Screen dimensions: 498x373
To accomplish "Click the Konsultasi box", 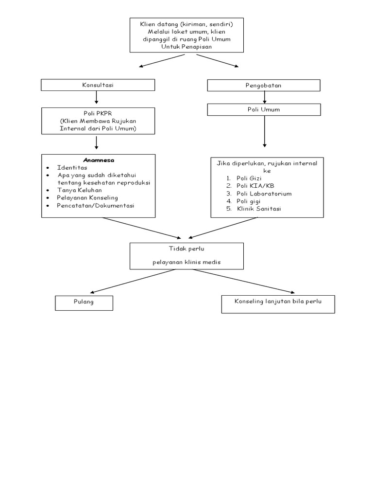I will pyautogui.click(x=98, y=85).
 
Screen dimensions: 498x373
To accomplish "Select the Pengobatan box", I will pyautogui.click(x=264, y=86).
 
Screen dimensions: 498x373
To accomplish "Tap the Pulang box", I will pyautogui.click(x=84, y=302).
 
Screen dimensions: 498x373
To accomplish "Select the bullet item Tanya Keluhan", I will pyautogui.click(x=80, y=190).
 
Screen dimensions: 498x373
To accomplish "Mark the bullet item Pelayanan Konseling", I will pyautogui.click(x=87, y=198).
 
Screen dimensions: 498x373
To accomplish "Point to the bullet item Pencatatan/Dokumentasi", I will pyautogui.click(x=96, y=206).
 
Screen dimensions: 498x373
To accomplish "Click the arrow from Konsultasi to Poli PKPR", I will pyautogui.click(x=97, y=97).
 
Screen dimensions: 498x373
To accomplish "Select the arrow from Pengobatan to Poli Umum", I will pyautogui.click(x=264, y=97).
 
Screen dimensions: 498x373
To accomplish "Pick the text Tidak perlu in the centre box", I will pyautogui.click(x=186, y=249).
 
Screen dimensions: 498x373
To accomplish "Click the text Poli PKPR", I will pyautogui.click(x=98, y=114).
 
